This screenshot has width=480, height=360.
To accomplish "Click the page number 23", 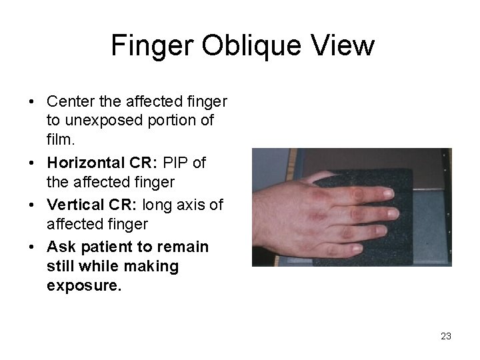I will pyautogui.click(x=446, y=336).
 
